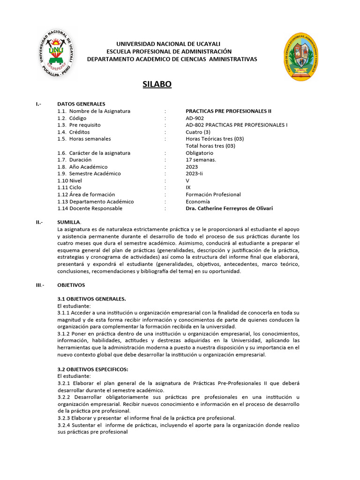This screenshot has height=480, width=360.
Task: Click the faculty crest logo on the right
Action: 304,57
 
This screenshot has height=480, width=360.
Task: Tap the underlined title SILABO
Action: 157,84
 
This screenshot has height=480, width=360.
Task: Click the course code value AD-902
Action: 195,118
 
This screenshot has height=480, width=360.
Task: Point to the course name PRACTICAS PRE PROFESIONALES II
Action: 228,111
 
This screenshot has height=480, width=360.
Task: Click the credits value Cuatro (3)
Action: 198,132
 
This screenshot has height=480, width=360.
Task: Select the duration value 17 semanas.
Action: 201,160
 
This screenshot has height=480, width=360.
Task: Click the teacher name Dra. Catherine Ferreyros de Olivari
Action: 229,208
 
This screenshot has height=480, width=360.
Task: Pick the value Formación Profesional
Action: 213,195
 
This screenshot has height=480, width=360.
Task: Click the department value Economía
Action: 198,202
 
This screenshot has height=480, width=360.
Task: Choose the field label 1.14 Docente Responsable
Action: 90,208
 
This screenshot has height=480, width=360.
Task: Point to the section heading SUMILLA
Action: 69,222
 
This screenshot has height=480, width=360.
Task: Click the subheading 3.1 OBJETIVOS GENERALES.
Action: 91,299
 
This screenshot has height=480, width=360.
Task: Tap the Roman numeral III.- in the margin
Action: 40,285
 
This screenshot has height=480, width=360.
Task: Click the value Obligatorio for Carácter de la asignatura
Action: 199,153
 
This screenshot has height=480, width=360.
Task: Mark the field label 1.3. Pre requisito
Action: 79,125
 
